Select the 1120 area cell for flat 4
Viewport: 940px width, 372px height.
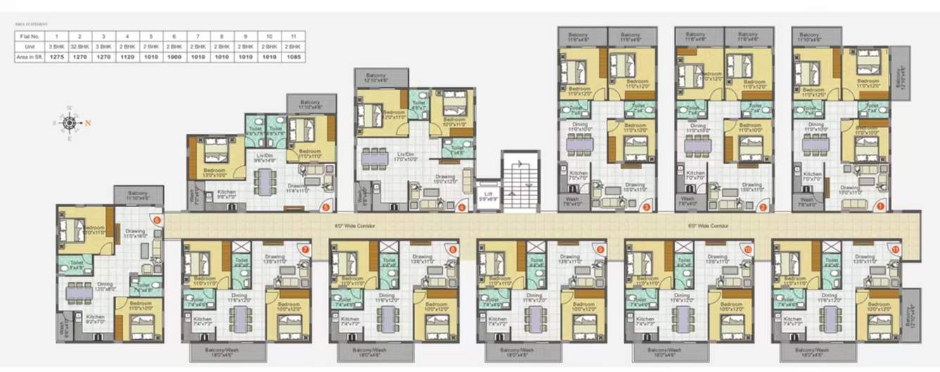click(127, 56)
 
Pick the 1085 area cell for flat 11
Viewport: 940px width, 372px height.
click(293, 56)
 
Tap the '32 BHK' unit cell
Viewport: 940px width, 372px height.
click(80, 46)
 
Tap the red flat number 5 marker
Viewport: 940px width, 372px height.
click(325, 206)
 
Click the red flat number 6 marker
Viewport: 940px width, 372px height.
click(156, 220)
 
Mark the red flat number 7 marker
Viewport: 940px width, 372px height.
click(305, 249)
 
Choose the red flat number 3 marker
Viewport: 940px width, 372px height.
click(646, 206)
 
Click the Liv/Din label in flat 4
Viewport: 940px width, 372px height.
click(404, 156)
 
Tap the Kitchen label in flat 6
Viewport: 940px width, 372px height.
click(95, 317)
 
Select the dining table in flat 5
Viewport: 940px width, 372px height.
click(264, 182)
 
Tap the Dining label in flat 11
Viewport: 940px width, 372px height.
click(830, 295)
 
